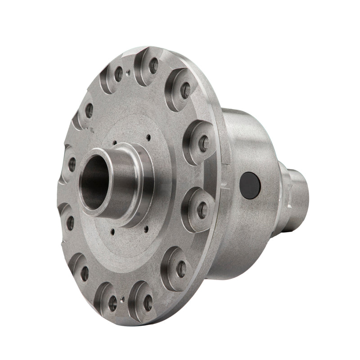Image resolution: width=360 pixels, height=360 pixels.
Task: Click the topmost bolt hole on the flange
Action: (x=153, y=66)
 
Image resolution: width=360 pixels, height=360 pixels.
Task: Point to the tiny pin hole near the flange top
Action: (x=129, y=71)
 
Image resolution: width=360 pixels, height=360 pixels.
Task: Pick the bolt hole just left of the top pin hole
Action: (x=118, y=74)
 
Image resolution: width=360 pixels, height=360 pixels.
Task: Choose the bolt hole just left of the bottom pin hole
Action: (x=112, y=303)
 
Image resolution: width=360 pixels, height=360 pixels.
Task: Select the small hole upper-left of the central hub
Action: (x=115, y=143)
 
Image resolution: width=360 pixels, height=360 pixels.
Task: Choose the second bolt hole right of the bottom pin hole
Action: (x=180, y=270)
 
